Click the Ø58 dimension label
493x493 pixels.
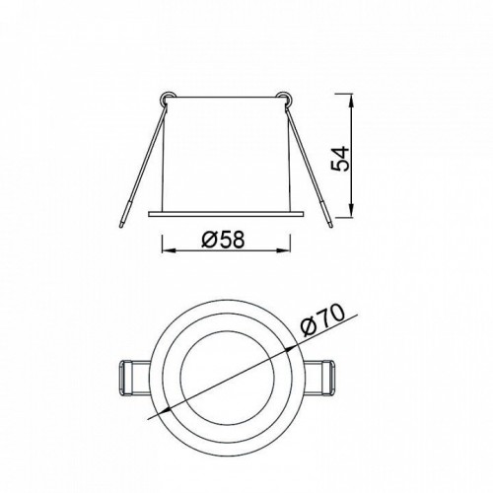pyautogui.click(x=223, y=239)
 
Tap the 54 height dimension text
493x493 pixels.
pyautogui.click(x=339, y=159)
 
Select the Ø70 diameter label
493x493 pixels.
pyautogui.click(x=322, y=320)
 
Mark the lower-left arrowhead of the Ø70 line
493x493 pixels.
pyautogui.click(x=164, y=411)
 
